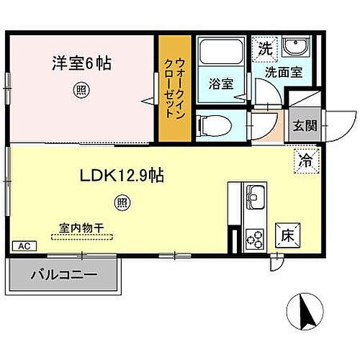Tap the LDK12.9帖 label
pyautogui.click(x=120, y=176)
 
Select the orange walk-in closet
pyautogui.click(x=174, y=86)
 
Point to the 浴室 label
pyautogui.click(x=220, y=83)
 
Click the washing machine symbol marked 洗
pyautogui.click(x=265, y=50)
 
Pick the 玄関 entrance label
pyautogui.click(x=302, y=125)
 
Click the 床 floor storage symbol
pyautogui.click(x=286, y=234)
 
